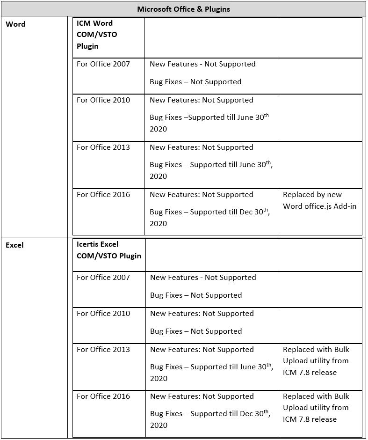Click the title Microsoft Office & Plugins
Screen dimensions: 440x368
tap(184, 9)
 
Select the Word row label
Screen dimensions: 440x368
tap(15, 24)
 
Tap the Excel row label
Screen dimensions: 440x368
tap(14, 245)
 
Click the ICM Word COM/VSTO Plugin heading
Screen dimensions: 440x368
tap(97, 35)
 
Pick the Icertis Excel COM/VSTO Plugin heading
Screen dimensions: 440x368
tap(108, 250)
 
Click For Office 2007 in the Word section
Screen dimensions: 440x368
tap(103, 64)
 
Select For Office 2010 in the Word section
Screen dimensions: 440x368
tap(103, 100)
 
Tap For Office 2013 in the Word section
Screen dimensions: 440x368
tap(103, 147)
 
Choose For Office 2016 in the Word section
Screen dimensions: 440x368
tap(103, 195)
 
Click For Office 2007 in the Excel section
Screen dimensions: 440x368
tap(103, 278)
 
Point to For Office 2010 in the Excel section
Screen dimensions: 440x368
tap(103, 314)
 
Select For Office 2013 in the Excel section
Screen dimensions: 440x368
tap(103, 350)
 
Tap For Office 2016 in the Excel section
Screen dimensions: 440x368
tap(103, 396)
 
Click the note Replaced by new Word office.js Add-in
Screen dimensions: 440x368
tap(319, 200)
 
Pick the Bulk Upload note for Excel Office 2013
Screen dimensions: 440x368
tap(316, 361)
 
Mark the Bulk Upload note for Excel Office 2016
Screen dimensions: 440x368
tap(316, 408)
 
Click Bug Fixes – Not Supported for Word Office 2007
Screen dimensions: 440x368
tap(195, 82)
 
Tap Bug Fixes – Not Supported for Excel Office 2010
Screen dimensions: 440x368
tap(196, 331)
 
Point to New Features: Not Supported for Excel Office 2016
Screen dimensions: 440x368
tap(202, 396)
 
